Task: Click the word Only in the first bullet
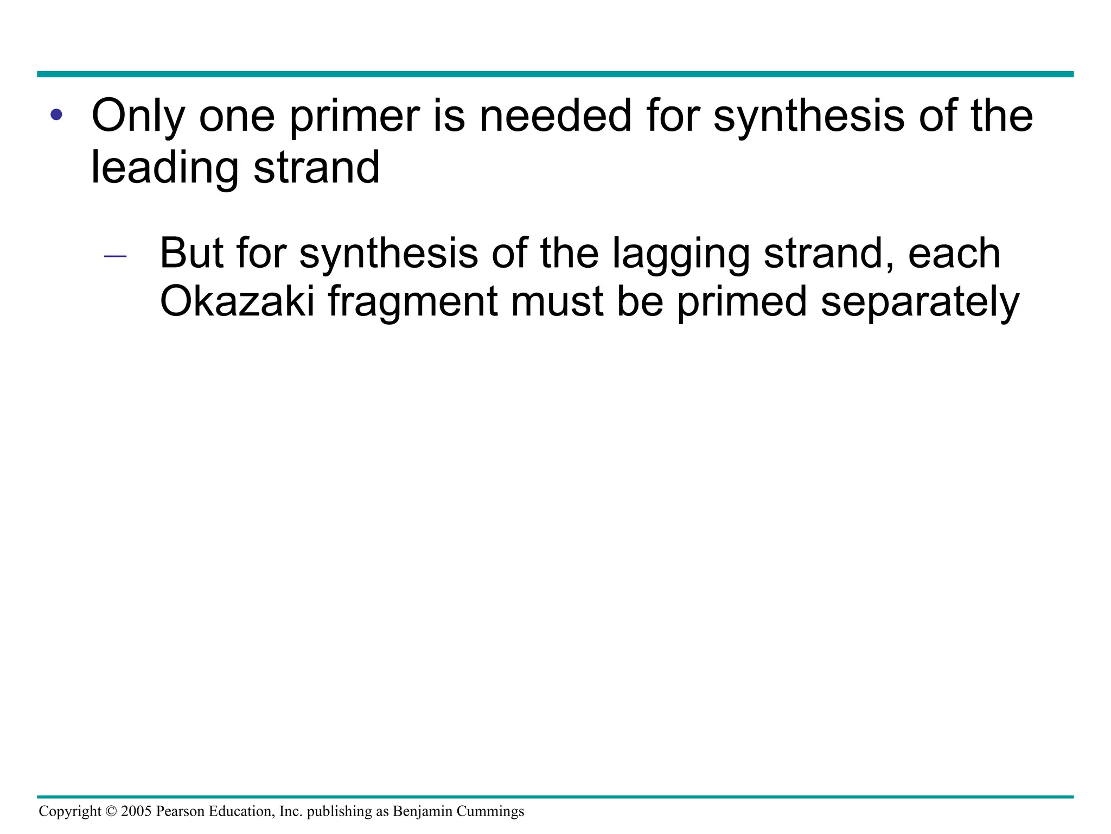click(138, 116)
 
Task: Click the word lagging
click(680, 254)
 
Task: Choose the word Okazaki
click(237, 302)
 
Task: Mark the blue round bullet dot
click(56, 116)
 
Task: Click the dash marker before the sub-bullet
click(115, 256)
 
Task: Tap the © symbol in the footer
click(111, 812)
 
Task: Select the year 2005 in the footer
click(136, 812)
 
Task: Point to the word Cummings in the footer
click(490, 812)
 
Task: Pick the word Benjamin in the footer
click(423, 812)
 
